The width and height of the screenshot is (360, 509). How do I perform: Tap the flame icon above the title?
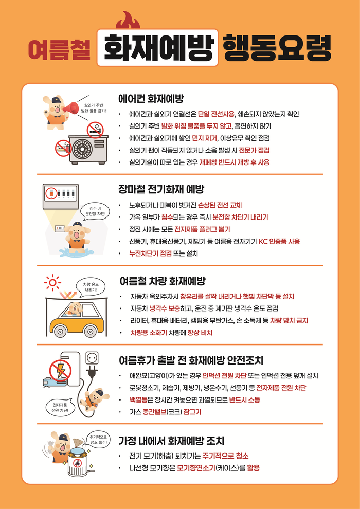128,20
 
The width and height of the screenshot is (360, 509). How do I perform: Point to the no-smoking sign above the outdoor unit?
95,129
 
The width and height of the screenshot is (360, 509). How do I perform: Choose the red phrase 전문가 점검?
254,150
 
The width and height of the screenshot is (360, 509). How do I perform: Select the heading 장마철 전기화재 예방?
161,189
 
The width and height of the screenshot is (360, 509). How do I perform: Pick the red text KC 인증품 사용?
279,241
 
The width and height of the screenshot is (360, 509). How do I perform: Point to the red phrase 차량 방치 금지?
289,321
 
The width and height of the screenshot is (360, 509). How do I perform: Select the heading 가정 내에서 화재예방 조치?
171,441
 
